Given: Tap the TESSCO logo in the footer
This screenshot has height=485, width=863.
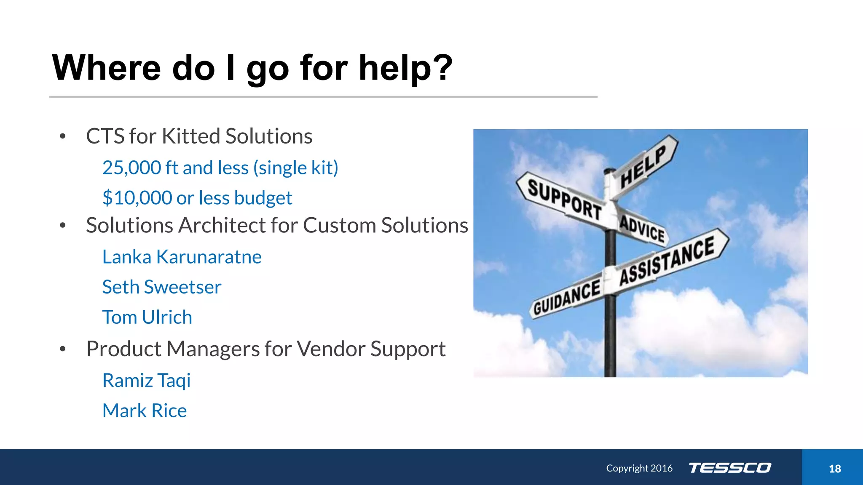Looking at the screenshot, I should point(729,468).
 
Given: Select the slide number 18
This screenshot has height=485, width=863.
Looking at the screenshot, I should point(834,469).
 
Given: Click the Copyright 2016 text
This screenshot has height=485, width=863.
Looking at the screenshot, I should point(639,468).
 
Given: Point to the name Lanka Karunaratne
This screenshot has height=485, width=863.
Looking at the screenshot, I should point(182,257).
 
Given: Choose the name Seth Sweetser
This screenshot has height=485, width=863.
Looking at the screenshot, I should point(161,287).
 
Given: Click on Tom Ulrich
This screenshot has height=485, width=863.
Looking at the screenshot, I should point(147,317).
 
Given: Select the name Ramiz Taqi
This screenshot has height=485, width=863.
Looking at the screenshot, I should point(146,381).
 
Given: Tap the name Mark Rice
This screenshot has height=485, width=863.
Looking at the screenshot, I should point(145,410).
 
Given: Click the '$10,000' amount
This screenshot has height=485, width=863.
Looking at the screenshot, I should point(137,198).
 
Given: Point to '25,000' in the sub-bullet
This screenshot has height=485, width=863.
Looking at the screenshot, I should point(131,168).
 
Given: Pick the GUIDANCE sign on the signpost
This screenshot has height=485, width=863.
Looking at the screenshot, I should point(566,296).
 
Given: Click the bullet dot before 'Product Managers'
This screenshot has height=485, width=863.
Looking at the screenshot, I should point(63,349).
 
